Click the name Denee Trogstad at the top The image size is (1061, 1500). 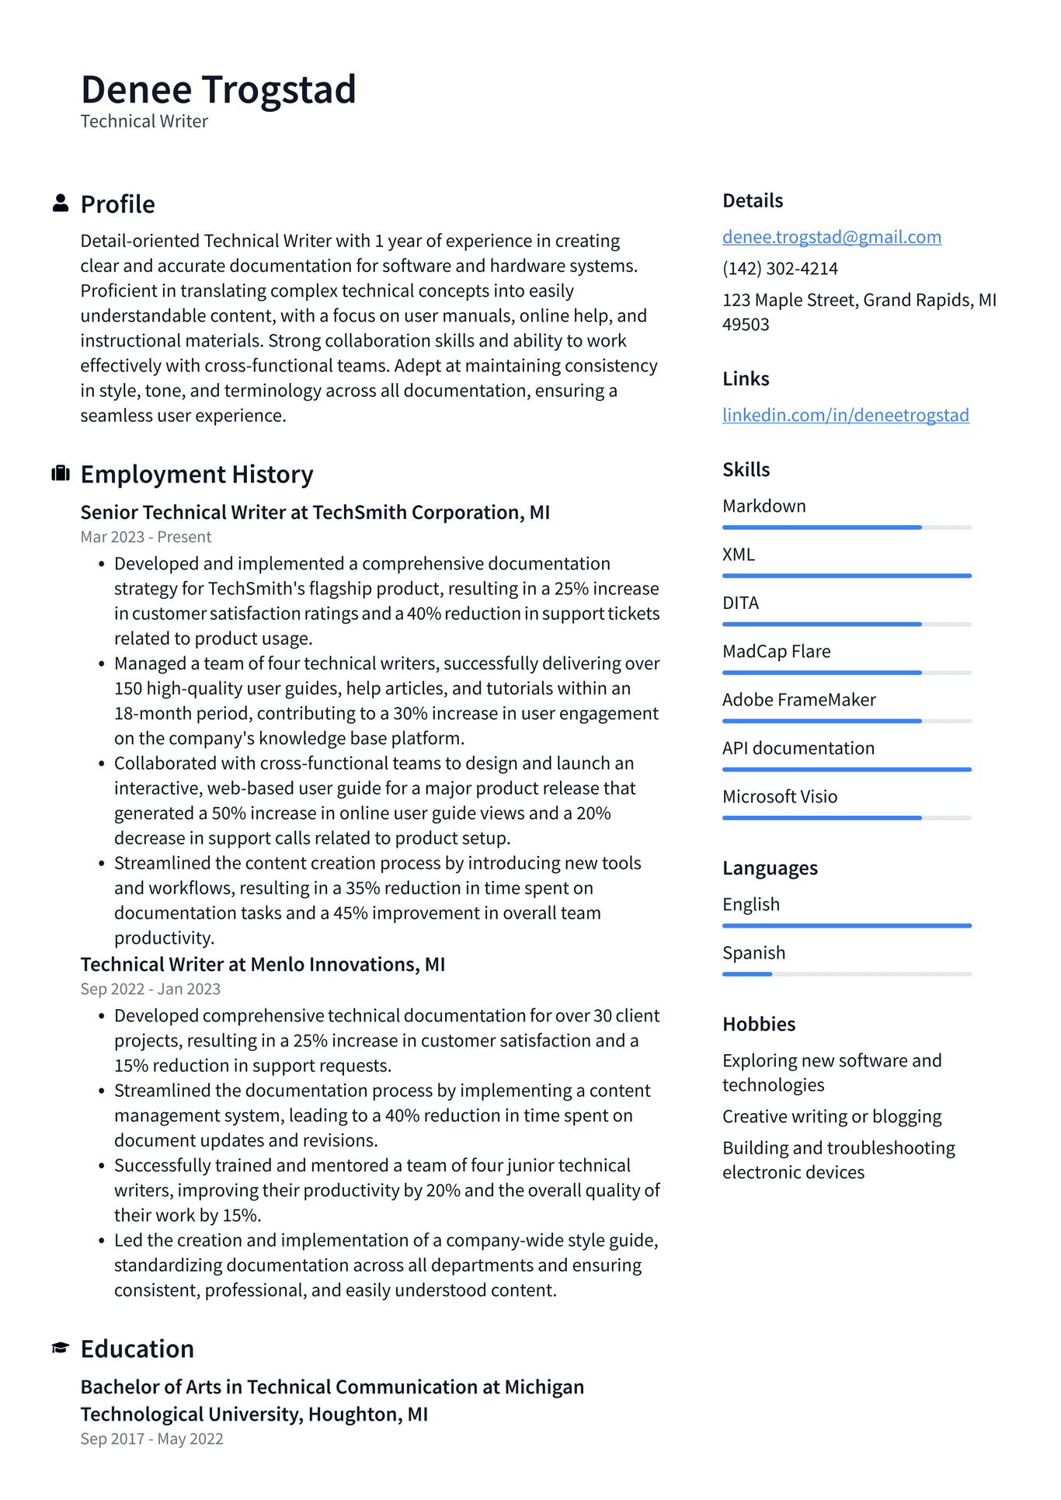point(218,89)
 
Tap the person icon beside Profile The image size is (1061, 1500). point(61,204)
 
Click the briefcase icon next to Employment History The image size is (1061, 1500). point(61,474)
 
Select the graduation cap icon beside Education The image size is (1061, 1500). point(61,1348)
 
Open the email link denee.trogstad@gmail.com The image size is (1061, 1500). point(831,237)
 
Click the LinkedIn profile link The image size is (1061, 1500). point(845,415)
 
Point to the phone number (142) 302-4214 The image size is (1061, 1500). point(780,269)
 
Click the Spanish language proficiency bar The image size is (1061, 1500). point(847,974)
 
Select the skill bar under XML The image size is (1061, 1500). point(847,576)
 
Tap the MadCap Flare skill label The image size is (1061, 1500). point(776,651)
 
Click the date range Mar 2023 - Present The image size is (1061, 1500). point(146,537)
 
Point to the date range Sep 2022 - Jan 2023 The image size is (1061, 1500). point(151,989)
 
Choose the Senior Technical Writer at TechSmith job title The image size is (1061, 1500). point(315,513)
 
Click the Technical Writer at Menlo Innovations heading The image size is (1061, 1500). point(263,965)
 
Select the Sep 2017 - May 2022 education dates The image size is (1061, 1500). point(151,1439)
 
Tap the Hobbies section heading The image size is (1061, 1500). point(759,1024)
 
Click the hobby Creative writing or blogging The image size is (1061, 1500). point(831,1116)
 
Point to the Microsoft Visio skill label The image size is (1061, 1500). point(780,796)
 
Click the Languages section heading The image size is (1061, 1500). point(770,868)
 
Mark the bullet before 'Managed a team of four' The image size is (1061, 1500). point(102,664)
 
